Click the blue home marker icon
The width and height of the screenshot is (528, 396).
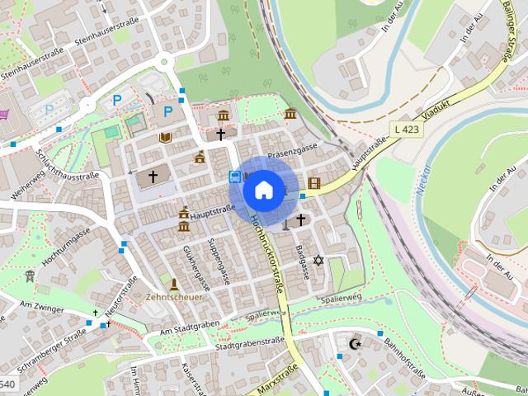262,190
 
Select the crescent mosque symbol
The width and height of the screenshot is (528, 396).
356,342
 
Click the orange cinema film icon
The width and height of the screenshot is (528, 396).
313,182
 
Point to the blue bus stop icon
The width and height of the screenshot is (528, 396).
235,177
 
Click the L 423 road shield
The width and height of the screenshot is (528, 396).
406,129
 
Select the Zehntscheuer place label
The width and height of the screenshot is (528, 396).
173,296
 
